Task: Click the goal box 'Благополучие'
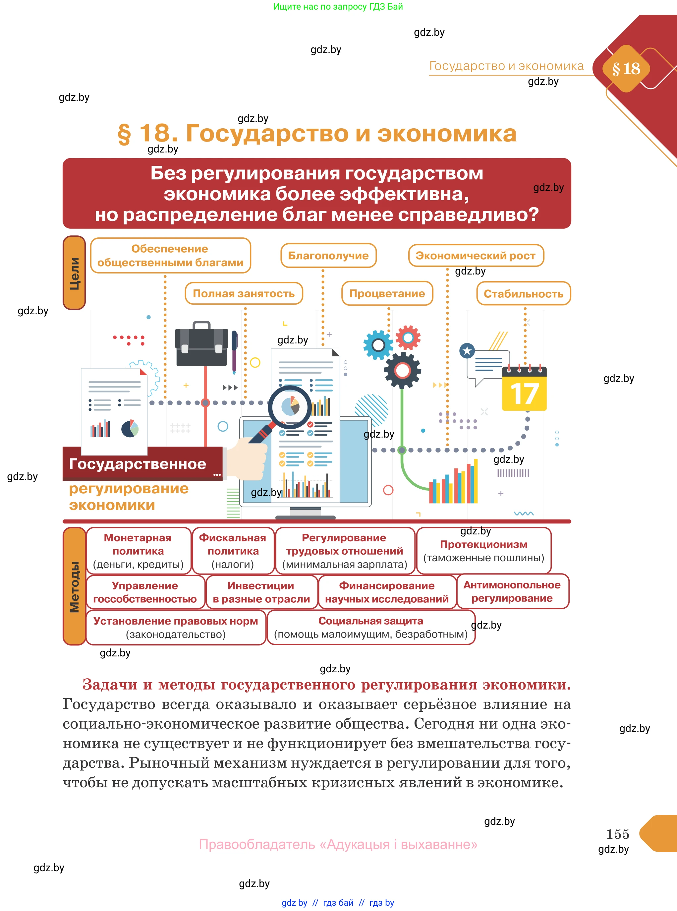[x=328, y=255]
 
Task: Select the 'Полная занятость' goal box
[x=244, y=293]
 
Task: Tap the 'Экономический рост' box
[x=476, y=255]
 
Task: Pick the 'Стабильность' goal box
[x=523, y=293]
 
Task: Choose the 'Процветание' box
[x=387, y=293]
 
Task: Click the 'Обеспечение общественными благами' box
[x=170, y=255]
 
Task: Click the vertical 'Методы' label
[x=74, y=586]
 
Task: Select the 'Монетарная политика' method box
[x=139, y=551]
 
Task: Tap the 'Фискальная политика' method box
[x=233, y=551]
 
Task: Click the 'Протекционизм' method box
[x=483, y=551]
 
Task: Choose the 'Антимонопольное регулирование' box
[x=512, y=592]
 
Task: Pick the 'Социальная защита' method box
[x=371, y=627]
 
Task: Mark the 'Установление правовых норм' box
[x=176, y=627]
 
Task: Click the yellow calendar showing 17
[x=525, y=388]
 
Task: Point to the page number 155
[x=618, y=834]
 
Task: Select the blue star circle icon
[x=467, y=350]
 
